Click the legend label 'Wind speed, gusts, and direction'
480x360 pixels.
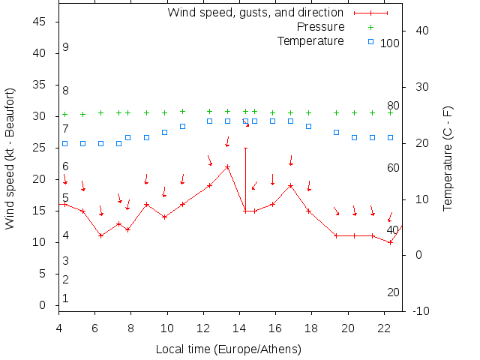click(256, 13)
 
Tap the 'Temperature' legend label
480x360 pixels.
click(310, 40)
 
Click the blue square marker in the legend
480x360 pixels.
click(370, 41)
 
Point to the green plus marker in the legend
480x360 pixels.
click(370, 27)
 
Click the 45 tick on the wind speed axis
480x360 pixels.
click(40, 22)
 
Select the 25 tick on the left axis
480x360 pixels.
click(40, 148)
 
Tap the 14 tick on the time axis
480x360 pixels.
click(239, 328)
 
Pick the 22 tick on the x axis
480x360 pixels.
click(384, 328)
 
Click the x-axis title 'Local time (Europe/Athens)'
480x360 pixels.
click(228, 349)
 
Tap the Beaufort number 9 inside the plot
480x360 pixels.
click(66, 47)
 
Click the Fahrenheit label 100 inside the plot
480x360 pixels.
click(390, 43)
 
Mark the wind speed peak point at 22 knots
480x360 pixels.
click(227, 166)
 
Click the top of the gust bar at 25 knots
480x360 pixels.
click(245, 148)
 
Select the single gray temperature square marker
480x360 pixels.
click(336, 132)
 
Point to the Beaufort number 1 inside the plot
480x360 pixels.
click(66, 298)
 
